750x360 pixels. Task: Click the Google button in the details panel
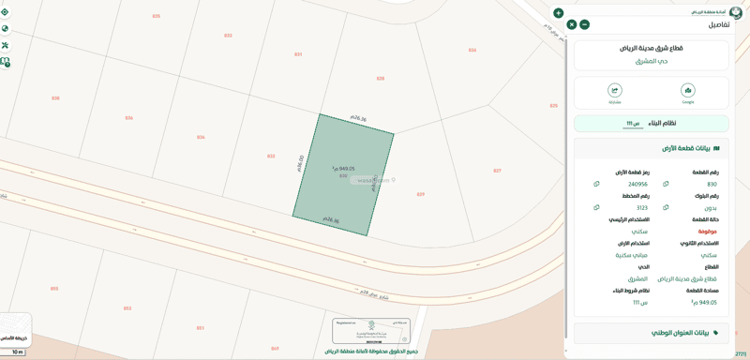tap(687, 92)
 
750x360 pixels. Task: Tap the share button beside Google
tap(615, 92)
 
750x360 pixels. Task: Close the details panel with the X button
tap(571, 24)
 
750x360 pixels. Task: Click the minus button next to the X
tap(584, 24)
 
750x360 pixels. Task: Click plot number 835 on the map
tap(156, 16)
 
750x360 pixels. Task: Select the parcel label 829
tap(421, 194)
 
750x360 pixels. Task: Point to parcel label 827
tap(497, 171)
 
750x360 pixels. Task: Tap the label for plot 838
tap(55, 97)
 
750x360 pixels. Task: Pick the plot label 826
tap(472, 50)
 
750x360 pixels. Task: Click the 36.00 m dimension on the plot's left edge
tap(300, 163)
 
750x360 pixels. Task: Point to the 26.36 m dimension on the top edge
tap(358, 118)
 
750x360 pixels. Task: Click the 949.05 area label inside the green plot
tap(343, 169)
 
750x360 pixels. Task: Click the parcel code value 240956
tap(637, 184)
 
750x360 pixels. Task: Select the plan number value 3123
tap(641, 208)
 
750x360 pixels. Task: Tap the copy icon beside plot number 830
tap(666, 184)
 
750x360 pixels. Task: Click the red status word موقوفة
tap(707, 231)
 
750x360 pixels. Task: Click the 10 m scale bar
tap(17, 352)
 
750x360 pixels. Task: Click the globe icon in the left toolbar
tap(5, 28)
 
